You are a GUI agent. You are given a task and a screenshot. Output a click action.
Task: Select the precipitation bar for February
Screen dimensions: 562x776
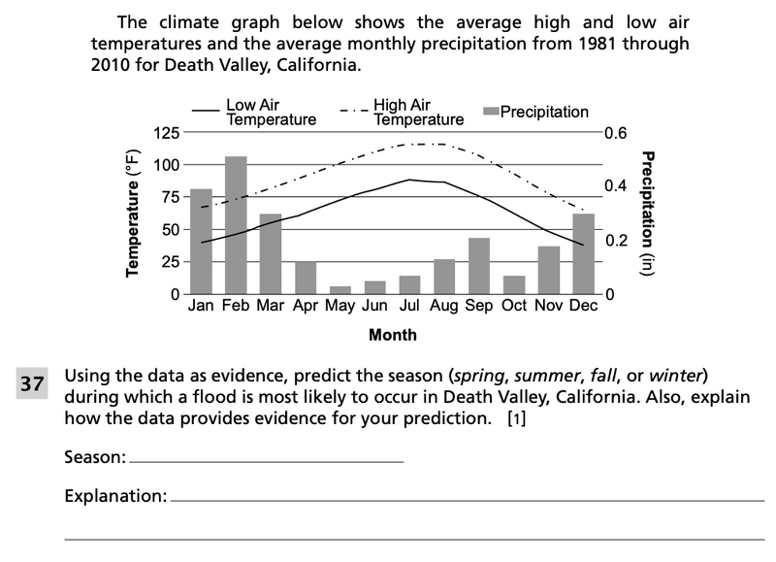[236, 225]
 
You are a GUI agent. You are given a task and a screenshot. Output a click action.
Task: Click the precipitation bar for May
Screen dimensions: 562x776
[340, 289]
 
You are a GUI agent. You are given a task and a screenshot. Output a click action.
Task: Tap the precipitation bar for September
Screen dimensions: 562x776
[479, 265]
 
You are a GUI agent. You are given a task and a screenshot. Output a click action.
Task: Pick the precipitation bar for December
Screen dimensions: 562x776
[584, 253]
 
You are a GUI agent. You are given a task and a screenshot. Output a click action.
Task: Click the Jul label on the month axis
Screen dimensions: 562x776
[409, 306]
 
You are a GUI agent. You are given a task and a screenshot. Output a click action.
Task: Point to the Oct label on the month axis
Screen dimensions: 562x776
[514, 306]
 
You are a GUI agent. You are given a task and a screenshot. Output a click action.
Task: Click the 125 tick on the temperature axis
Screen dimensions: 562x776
[167, 132]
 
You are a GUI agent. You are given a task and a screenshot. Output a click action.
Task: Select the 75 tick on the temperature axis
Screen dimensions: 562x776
[171, 197]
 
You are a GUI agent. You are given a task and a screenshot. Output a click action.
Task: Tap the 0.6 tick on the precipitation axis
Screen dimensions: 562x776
[615, 133]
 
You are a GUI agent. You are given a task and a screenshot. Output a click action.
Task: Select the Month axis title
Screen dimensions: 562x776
[393, 335]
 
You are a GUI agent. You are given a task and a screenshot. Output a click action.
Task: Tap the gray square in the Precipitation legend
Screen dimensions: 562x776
[491, 112]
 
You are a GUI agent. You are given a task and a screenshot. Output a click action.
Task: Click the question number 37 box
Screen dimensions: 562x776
[34, 383]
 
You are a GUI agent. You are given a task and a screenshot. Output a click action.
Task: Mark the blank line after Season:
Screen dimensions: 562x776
[266, 461]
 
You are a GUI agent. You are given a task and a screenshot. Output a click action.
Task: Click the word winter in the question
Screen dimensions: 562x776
[685, 376]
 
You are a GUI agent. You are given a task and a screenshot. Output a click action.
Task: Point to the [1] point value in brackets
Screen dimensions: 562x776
[517, 419]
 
